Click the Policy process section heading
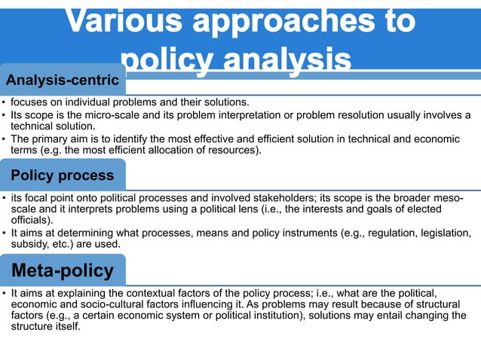tap(63, 175)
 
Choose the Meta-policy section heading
tap(63, 270)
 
